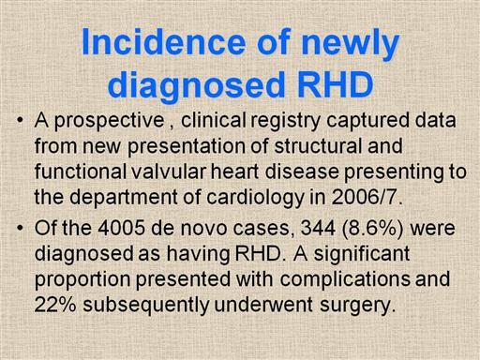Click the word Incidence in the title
click(x=164, y=42)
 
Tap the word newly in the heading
click(x=351, y=44)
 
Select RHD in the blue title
click(x=336, y=84)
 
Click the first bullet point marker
click(x=21, y=120)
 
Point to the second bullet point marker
click(x=21, y=228)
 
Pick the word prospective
click(x=110, y=122)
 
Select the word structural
click(x=318, y=145)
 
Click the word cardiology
click(x=255, y=199)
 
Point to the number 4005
click(x=121, y=228)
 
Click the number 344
click(x=318, y=228)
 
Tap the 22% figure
click(x=55, y=304)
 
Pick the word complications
click(x=345, y=280)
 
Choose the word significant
click(x=361, y=255)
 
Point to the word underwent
click(x=262, y=304)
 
